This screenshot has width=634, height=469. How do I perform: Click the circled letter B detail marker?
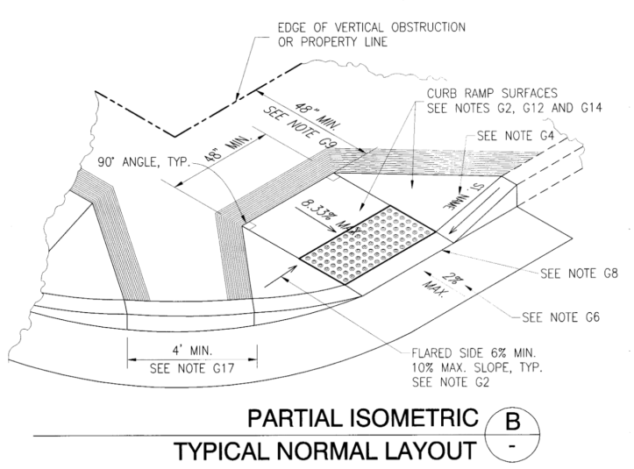click(x=516, y=421)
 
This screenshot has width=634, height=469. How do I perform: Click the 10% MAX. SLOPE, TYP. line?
click(x=479, y=368)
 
